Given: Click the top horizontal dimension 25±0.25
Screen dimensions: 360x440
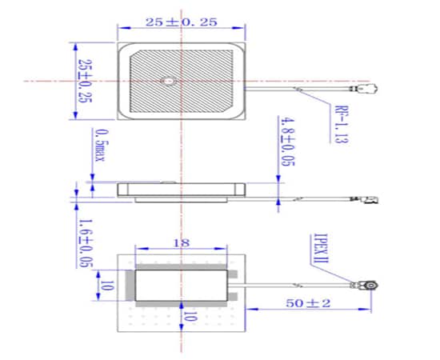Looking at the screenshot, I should [x=180, y=23].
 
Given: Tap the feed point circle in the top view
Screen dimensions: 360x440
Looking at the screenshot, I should [x=168, y=81].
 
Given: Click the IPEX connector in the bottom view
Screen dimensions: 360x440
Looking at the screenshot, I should [x=372, y=286].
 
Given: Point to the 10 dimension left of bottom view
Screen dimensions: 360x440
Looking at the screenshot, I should [x=102, y=285].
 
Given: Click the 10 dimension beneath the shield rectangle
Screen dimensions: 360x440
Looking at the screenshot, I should [x=190, y=317].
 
